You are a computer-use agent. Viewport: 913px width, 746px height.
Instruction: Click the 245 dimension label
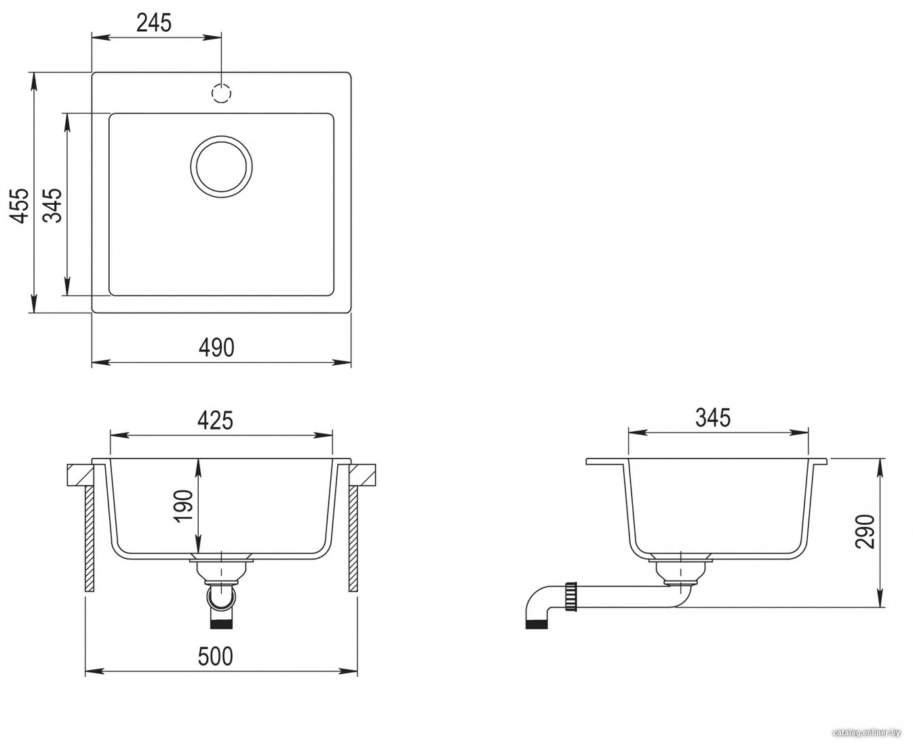[154, 23]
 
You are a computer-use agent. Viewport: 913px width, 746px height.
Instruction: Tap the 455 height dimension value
[20, 205]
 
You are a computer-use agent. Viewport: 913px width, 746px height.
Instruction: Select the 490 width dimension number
[216, 347]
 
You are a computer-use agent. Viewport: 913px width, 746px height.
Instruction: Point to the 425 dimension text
[215, 420]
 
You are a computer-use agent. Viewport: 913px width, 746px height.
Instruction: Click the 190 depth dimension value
[184, 506]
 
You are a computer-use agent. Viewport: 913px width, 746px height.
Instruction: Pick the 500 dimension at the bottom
[215, 656]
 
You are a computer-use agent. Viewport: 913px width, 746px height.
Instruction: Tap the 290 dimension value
[865, 532]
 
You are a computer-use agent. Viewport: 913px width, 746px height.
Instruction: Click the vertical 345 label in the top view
[54, 205]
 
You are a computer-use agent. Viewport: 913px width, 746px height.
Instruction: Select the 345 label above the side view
[713, 418]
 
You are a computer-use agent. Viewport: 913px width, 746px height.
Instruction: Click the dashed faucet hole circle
[221, 93]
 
